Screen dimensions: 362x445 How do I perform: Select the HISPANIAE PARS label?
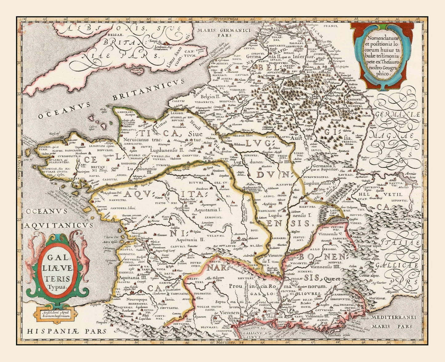point(66,331)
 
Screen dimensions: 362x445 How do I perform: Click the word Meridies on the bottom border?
point(226,342)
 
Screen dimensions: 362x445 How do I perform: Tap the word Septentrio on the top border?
point(226,19)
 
